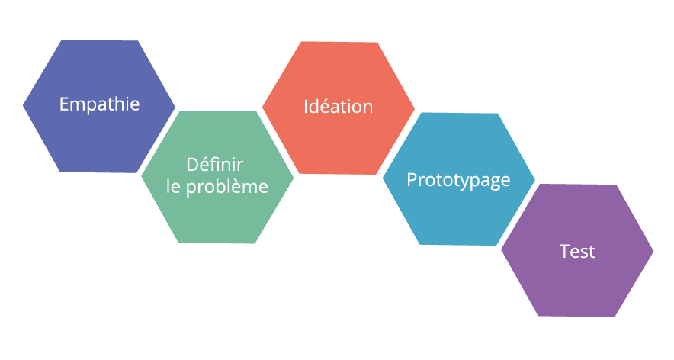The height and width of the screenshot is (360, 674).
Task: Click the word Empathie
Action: [x=99, y=104]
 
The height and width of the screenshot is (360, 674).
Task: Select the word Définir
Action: [x=215, y=165]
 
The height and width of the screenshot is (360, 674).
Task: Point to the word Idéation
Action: [x=338, y=107]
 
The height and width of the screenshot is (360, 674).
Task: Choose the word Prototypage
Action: [x=458, y=180]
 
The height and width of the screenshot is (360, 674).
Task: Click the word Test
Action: [x=577, y=252]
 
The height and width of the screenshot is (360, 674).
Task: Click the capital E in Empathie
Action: [x=64, y=104]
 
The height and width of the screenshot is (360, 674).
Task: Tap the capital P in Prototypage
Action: [x=411, y=180]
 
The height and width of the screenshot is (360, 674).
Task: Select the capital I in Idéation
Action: [x=306, y=107]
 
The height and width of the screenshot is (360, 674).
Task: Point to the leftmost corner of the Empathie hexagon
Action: [x=22, y=105]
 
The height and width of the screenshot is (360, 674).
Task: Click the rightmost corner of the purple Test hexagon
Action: [x=654, y=250]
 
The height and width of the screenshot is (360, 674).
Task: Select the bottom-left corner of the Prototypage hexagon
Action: [x=419, y=244]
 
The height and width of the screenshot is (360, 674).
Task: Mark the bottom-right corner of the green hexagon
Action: [x=255, y=244]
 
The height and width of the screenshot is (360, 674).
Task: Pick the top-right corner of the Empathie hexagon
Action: [x=138, y=40]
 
